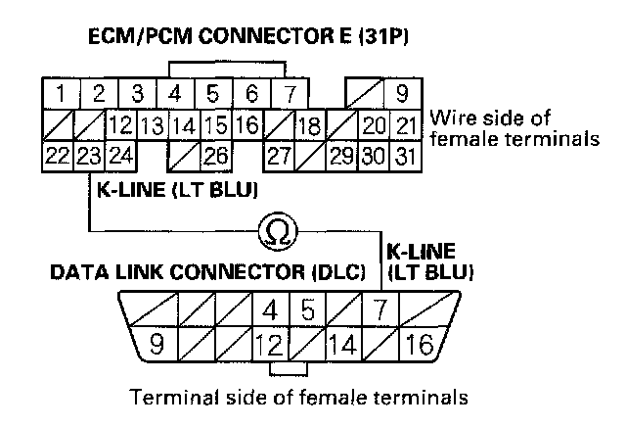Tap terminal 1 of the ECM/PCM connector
pos(61,96)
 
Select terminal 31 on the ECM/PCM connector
pos(407,155)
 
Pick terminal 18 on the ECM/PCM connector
pos(310,125)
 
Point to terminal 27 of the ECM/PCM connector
pos(280,155)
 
